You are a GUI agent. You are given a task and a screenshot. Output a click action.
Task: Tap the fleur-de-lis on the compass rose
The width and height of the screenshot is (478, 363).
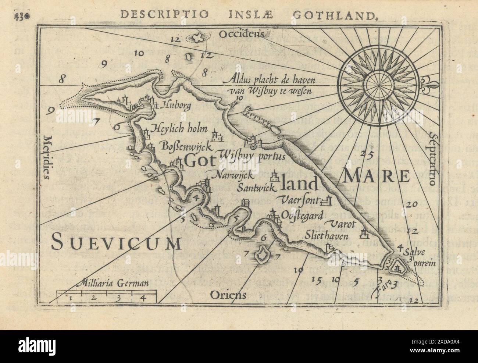[x=437, y=81]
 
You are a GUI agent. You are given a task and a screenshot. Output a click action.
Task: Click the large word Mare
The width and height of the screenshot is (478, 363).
[x=376, y=177]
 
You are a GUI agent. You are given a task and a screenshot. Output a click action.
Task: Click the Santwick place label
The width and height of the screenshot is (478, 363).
[x=256, y=188]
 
